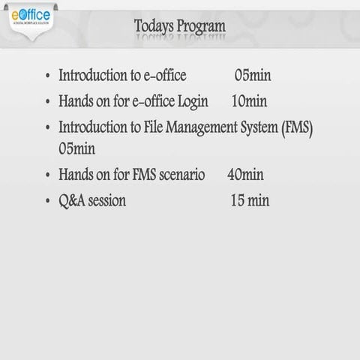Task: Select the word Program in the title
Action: (x=199, y=27)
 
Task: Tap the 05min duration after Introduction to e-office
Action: (x=253, y=76)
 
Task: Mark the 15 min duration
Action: (x=249, y=200)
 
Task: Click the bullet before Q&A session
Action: (x=48, y=201)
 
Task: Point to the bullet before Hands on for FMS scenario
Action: (x=48, y=175)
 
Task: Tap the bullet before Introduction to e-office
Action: (x=48, y=76)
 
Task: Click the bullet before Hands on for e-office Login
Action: (x=48, y=101)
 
